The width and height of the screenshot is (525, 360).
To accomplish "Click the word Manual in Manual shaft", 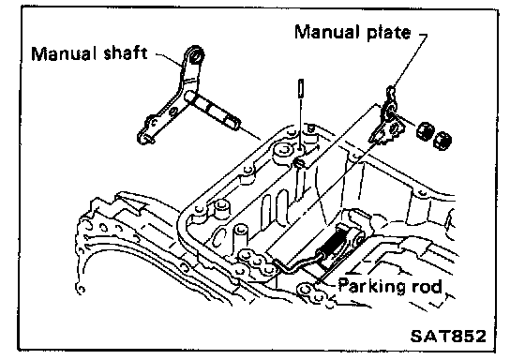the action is (61, 53).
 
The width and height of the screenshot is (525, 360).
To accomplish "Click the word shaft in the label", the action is (126, 52).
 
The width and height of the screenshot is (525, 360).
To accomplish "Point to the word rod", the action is (427, 286).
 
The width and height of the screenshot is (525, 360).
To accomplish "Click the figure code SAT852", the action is (448, 337).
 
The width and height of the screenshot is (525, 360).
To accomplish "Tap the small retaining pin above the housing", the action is (301, 88).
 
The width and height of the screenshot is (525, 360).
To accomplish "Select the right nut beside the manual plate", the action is (442, 140).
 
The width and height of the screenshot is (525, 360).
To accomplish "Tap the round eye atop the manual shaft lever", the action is (196, 55).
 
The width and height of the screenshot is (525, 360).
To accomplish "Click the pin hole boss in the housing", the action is (300, 163).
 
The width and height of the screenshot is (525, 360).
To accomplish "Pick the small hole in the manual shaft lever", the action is (173, 111).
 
